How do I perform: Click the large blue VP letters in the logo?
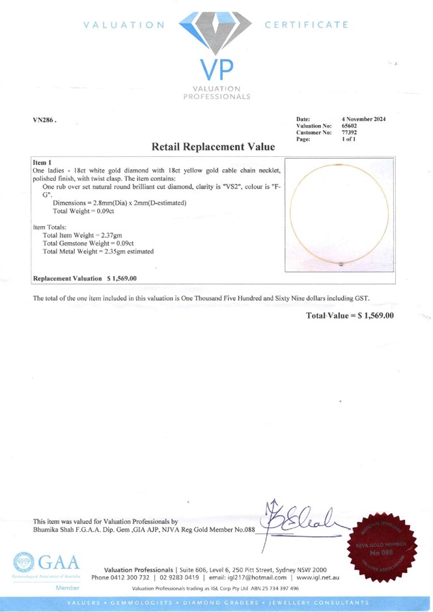click(216, 70)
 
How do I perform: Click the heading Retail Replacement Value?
click(213, 147)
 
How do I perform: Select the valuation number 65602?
click(350, 126)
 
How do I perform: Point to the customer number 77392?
click(350, 133)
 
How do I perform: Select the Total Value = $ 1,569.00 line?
click(350, 315)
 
